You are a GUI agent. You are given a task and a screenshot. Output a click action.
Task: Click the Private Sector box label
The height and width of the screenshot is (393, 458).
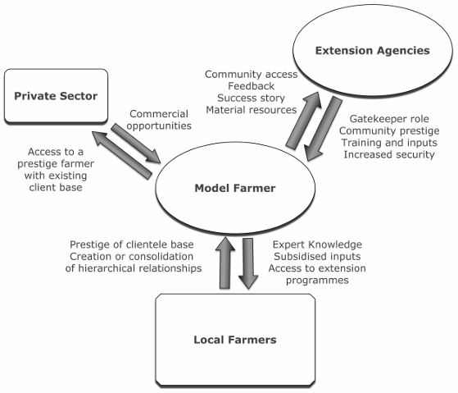56,97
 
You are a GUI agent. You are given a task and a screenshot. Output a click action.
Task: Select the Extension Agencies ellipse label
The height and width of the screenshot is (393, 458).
374,51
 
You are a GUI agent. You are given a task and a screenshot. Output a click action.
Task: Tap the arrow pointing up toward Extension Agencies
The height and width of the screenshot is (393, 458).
302,119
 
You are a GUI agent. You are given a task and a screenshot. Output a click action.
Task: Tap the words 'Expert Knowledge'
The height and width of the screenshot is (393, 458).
317,244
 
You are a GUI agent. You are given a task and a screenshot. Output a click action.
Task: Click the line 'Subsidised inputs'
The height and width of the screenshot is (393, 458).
317,256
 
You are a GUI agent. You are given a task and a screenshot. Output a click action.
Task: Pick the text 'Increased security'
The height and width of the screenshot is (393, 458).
388,154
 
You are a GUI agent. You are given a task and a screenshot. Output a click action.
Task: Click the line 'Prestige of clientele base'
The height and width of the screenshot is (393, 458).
135,244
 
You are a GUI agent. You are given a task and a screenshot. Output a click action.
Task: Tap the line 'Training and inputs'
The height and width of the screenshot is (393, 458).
388,142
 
